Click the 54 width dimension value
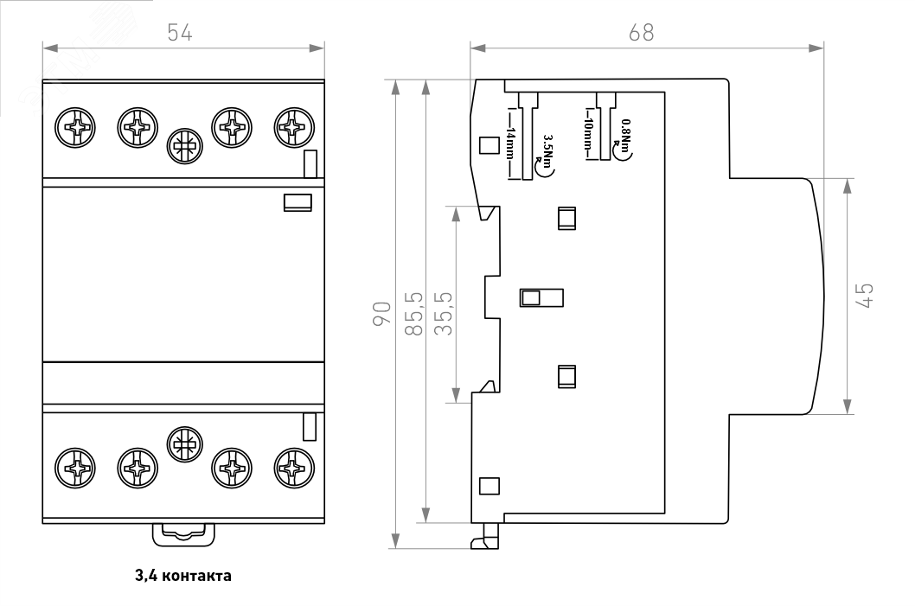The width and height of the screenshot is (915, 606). click(179, 32)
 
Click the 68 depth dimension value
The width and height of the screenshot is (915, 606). click(641, 32)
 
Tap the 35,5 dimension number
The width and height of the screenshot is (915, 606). click(442, 315)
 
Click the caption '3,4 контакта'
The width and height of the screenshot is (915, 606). click(182, 574)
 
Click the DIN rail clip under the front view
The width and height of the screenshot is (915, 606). click(183, 533)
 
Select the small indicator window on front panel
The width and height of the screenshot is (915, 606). click(298, 202)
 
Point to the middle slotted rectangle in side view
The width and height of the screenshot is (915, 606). click(541, 297)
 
